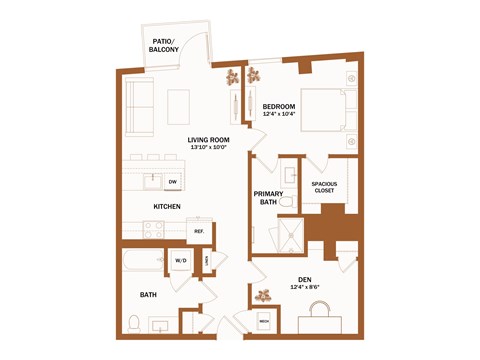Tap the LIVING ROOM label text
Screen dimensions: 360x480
click(209, 140)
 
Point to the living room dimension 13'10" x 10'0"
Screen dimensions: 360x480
click(209, 148)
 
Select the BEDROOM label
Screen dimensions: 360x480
click(279, 106)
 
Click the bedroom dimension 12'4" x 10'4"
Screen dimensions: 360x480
click(279, 114)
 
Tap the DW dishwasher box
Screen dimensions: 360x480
click(172, 181)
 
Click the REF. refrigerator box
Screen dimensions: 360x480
click(199, 232)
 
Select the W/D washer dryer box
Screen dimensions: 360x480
click(181, 261)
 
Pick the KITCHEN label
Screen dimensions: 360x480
click(166, 206)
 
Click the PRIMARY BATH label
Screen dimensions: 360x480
click(267, 197)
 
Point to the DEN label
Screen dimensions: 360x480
click(305, 280)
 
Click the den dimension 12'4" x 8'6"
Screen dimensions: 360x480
click(305, 288)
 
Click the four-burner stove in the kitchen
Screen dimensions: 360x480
click(153, 229)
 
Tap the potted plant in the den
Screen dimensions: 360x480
click(265, 295)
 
